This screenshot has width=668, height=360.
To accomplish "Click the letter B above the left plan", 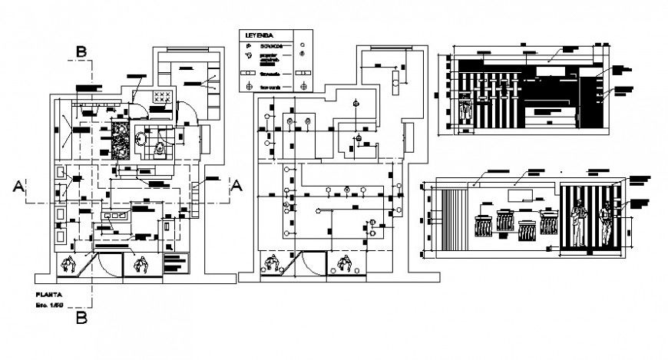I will [x=81, y=51].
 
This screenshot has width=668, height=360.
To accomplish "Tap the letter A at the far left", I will [x=18, y=184].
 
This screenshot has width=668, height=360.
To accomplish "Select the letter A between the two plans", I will [x=236, y=184].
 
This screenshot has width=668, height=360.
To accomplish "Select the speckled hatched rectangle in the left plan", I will [x=120, y=140].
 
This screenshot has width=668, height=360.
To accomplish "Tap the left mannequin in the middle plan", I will [x=270, y=265].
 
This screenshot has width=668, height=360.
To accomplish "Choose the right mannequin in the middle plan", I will [x=342, y=266].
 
